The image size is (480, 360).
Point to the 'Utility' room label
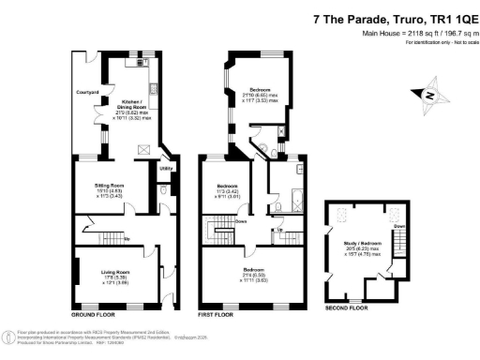(165, 168)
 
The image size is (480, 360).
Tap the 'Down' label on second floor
(397, 228)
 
